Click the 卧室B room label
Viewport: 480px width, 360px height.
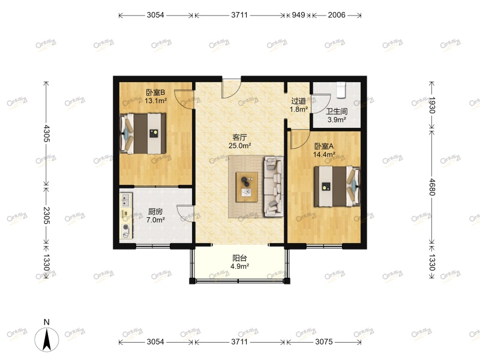[155, 92]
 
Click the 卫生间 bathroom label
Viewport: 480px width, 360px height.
[337, 111]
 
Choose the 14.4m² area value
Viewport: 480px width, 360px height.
[323, 154]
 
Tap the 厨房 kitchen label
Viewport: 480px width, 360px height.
[155, 211]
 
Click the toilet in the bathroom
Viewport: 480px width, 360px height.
[340, 88]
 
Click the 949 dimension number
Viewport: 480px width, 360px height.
[298, 15]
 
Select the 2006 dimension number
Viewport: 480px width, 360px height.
[337, 15]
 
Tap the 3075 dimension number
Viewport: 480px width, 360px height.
[323, 342]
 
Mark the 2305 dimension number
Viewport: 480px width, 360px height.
[46, 215]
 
